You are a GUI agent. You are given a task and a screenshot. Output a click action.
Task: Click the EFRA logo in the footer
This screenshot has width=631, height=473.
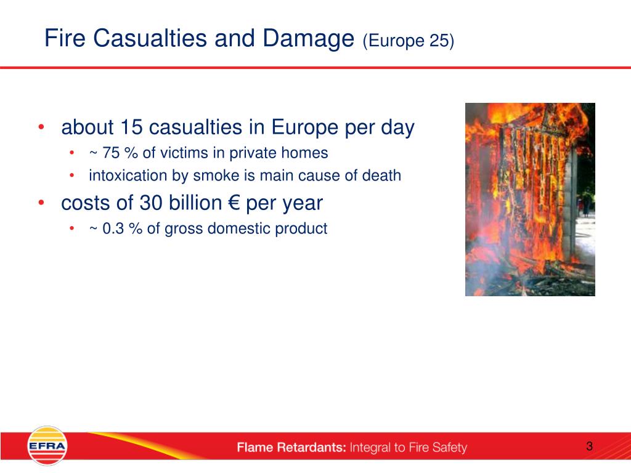pyautogui.click(x=47, y=446)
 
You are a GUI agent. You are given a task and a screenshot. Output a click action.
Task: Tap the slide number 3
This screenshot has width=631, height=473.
pyautogui.click(x=590, y=446)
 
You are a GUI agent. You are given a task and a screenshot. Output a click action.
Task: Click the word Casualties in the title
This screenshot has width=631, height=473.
pyautogui.click(x=150, y=39)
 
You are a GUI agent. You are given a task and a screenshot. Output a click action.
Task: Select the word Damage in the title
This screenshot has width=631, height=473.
pyautogui.click(x=308, y=39)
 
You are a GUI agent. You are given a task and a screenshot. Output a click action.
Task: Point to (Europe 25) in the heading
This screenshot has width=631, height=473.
pyautogui.click(x=408, y=41)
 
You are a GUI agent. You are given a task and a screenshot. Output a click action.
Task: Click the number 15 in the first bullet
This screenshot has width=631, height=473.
pyautogui.click(x=131, y=127)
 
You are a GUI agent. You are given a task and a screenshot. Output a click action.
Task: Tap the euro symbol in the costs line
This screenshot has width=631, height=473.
pyautogui.click(x=234, y=203)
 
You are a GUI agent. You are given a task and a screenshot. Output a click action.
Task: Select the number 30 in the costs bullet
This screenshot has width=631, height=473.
pyautogui.click(x=151, y=203)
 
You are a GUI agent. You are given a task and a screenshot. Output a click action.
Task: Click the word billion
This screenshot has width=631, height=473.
pyautogui.click(x=195, y=203)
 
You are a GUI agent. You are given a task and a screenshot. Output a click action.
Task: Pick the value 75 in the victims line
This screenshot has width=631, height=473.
pyautogui.click(x=111, y=153)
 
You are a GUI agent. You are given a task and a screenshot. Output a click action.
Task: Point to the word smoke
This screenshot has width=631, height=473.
pyautogui.click(x=216, y=176)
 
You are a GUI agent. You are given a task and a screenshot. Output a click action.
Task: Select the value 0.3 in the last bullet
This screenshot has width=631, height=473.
pyautogui.click(x=113, y=228)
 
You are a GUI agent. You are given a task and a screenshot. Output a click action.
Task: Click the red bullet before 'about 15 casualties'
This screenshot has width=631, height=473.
pyautogui.click(x=41, y=127)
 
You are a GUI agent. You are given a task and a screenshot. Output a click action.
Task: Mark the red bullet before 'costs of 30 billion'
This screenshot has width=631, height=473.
pyautogui.click(x=41, y=203)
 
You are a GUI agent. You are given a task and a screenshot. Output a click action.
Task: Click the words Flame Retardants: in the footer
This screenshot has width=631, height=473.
pyautogui.click(x=291, y=447)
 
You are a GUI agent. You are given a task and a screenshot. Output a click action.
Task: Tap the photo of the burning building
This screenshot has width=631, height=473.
pyautogui.click(x=530, y=200)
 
